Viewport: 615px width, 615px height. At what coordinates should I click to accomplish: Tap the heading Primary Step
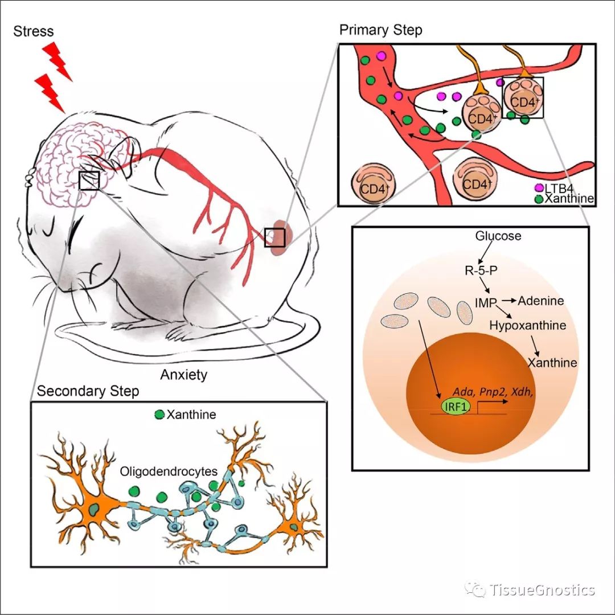tap(381, 30)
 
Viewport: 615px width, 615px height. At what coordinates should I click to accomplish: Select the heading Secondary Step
tap(88, 392)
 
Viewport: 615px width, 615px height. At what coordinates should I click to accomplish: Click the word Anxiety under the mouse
tap(183, 375)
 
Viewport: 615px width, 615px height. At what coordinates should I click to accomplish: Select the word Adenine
tap(540, 300)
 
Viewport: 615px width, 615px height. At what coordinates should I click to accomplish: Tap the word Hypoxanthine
tap(528, 326)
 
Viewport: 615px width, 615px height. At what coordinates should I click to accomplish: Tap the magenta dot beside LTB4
tap(537, 187)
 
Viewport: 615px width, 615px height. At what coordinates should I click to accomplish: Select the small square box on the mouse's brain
tap(89, 180)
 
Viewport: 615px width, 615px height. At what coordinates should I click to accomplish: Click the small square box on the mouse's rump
tap(274, 237)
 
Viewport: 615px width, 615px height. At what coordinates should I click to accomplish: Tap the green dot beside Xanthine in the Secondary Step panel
tap(159, 415)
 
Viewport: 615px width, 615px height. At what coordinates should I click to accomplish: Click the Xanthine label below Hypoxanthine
tap(552, 363)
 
